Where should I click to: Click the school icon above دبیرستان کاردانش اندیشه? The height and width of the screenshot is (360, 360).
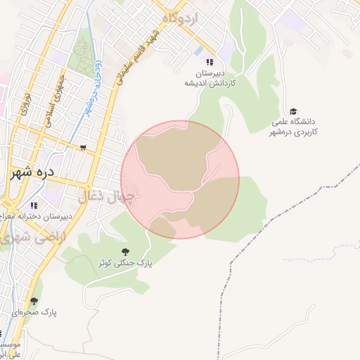(209, 63)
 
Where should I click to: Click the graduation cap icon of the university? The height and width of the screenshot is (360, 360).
(293, 112)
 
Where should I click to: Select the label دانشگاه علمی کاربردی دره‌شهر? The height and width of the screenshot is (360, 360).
(295, 127)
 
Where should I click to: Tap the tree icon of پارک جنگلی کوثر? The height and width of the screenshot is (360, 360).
(125, 251)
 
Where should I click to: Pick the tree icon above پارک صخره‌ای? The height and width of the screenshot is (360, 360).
(34, 301)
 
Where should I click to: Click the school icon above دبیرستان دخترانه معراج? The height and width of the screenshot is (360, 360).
(33, 205)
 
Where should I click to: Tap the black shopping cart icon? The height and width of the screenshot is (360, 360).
(84, 148)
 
